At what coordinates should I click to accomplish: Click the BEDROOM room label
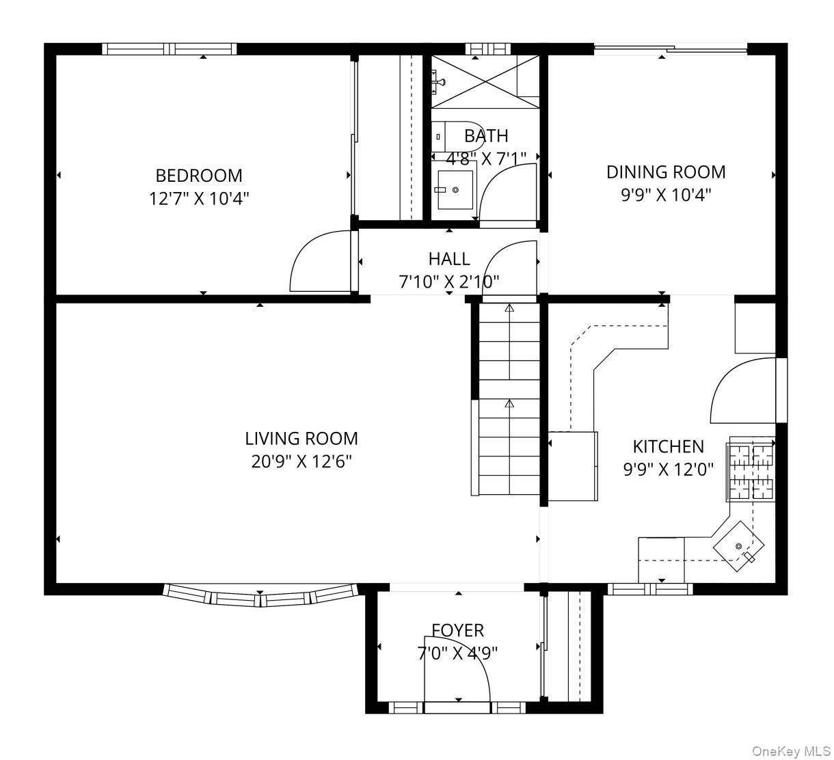point(199,176)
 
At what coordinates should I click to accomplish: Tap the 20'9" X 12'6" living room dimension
point(301,461)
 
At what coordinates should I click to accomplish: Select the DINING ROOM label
point(666,172)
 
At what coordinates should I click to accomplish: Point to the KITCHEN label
point(668,446)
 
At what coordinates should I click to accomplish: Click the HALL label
point(449,259)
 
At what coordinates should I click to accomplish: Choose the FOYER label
point(458,631)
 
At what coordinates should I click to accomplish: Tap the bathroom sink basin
point(455,190)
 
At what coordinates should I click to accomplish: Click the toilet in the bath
point(457,137)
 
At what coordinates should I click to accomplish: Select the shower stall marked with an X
point(485,81)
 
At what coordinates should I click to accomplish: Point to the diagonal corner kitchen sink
point(738,546)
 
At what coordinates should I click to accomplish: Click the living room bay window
point(260,595)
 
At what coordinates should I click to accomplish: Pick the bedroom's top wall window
point(170,49)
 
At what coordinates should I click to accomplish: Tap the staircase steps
point(509,399)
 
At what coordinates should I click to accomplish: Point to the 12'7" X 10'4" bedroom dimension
point(199,199)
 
